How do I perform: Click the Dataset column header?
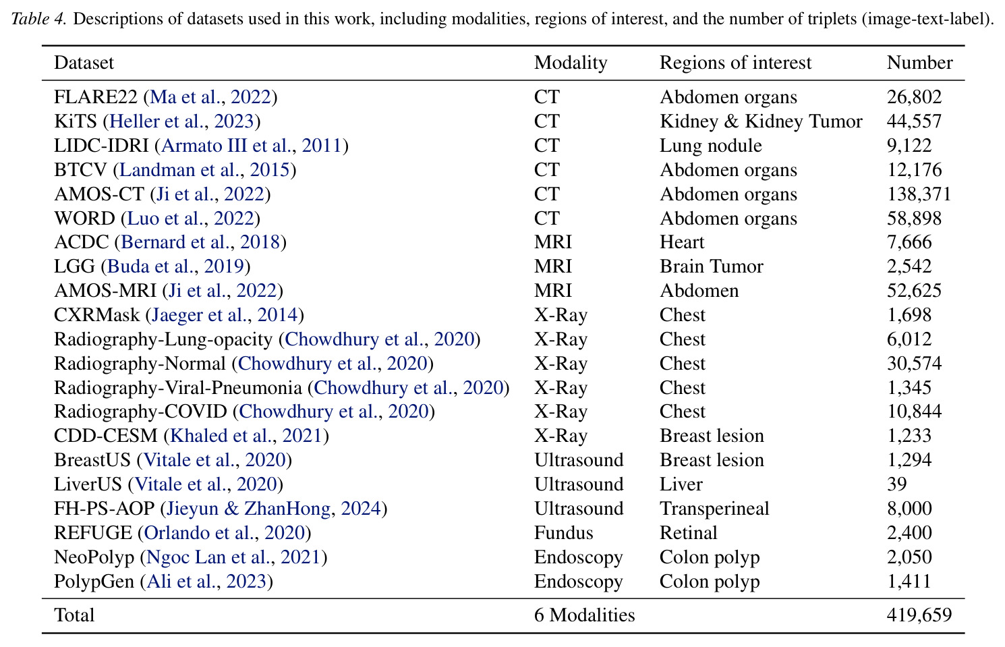click(x=84, y=63)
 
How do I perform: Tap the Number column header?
click(x=920, y=63)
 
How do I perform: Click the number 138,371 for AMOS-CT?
click(x=919, y=194)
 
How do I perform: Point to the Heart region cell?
click(x=682, y=242)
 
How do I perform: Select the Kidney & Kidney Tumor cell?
click(x=761, y=121)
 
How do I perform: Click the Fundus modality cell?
click(x=563, y=533)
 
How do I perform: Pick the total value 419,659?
click(x=919, y=615)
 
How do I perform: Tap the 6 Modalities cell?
click(x=585, y=615)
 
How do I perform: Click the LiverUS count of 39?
click(x=897, y=484)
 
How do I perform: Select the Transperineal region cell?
click(x=714, y=509)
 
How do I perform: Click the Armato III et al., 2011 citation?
click(x=252, y=146)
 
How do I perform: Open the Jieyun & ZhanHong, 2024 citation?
click(x=274, y=509)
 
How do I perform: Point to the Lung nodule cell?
click(x=711, y=146)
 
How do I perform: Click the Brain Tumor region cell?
click(x=711, y=266)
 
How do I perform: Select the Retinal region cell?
click(x=688, y=533)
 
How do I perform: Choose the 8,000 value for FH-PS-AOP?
click(x=909, y=509)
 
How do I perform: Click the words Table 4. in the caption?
click(x=39, y=19)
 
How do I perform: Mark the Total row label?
click(x=74, y=615)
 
